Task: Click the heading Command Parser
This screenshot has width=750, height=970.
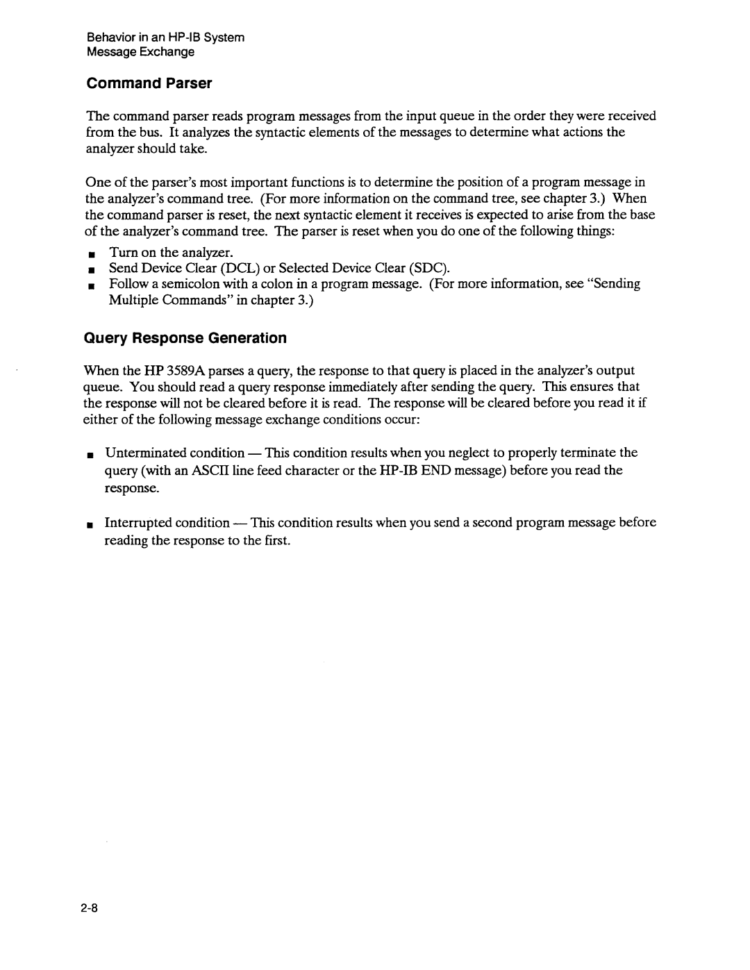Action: click(149, 84)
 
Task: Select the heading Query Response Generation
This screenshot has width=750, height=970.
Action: click(185, 338)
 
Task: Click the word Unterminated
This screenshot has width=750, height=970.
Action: click(140, 453)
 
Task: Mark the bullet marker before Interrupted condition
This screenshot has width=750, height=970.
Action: click(90, 524)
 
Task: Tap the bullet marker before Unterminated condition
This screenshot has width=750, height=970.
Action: click(90, 454)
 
